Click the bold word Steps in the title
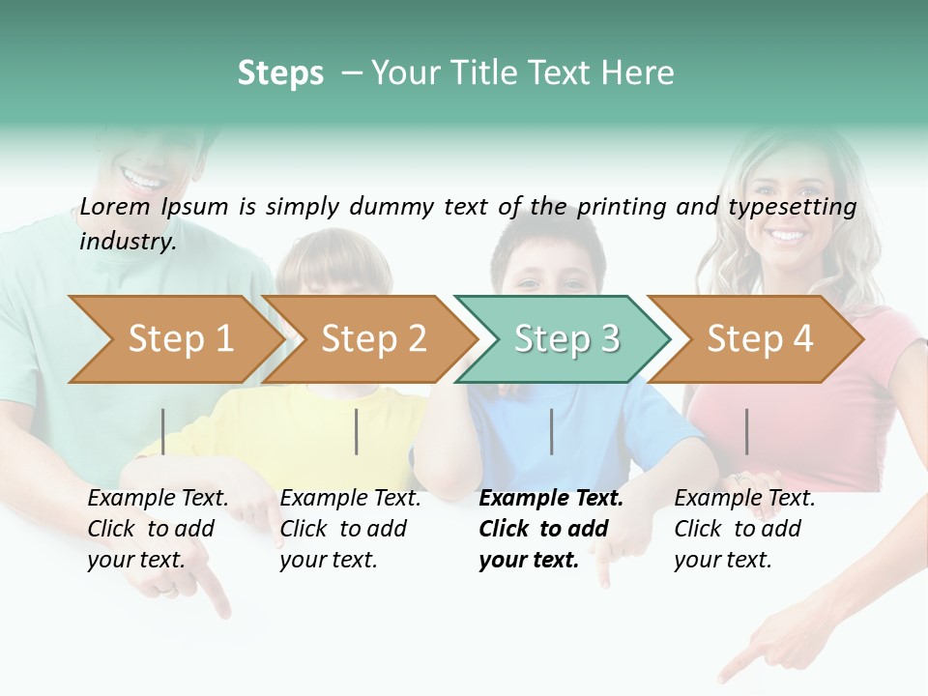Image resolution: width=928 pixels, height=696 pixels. [280, 73]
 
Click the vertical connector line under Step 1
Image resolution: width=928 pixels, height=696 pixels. [163, 431]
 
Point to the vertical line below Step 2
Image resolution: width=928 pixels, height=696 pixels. [357, 431]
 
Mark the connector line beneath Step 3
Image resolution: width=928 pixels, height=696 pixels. [552, 431]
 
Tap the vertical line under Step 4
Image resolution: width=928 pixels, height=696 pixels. [747, 431]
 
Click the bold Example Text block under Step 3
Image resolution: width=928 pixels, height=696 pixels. [551, 529]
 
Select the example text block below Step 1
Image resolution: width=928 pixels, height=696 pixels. [158, 529]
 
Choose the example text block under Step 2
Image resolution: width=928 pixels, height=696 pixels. [350, 529]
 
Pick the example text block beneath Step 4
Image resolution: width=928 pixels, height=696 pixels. [744, 529]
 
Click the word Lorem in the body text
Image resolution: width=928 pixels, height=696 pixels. [115, 206]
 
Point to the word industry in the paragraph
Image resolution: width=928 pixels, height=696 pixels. [128, 241]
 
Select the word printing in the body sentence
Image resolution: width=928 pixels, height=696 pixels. [622, 207]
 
